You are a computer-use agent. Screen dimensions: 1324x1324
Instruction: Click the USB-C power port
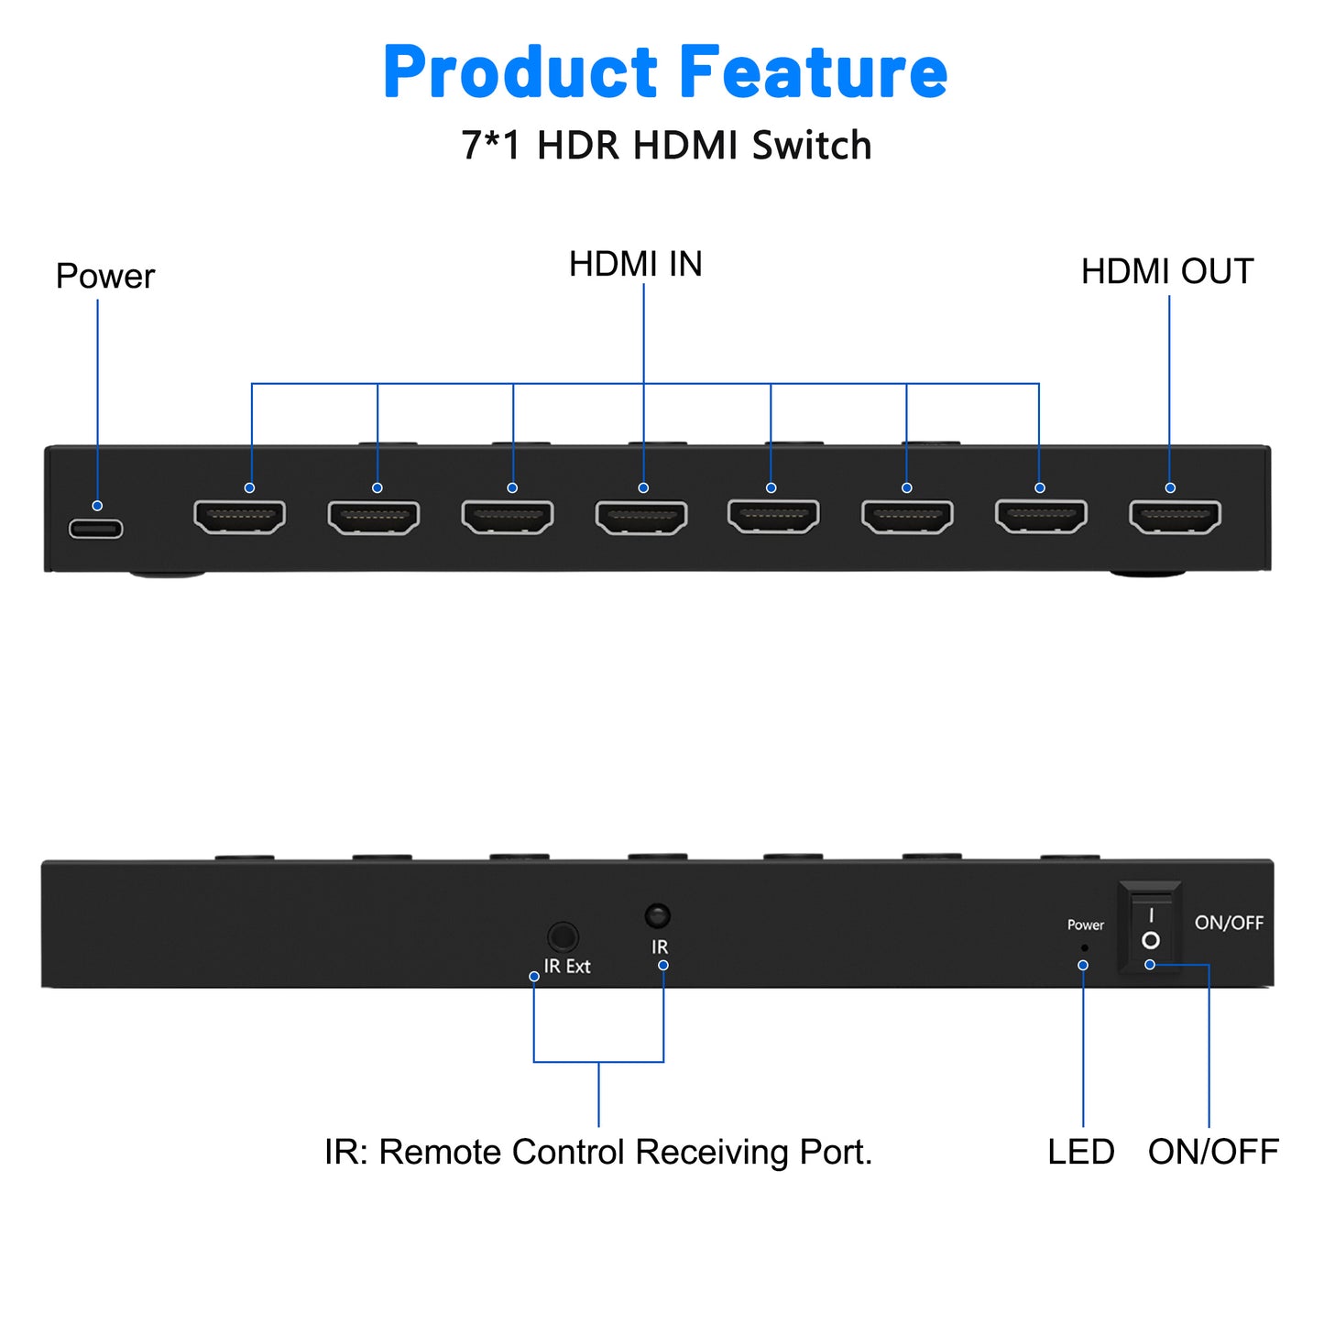point(95,529)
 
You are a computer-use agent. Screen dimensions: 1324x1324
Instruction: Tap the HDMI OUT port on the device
point(1175,517)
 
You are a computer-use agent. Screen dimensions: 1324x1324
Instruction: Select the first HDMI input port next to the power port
point(239,517)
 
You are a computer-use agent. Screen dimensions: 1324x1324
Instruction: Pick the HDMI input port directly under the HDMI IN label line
point(641,517)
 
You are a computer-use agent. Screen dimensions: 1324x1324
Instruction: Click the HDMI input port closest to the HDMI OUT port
point(1041,517)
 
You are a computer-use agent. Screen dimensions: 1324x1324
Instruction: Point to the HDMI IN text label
point(635,264)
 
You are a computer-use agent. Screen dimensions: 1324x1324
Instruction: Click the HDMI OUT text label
point(1166,271)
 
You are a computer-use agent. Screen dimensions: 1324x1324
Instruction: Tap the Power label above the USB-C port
point(104,277)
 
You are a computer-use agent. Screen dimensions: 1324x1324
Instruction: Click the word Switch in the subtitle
point(812,146)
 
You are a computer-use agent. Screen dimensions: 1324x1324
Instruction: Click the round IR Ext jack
point(563,936)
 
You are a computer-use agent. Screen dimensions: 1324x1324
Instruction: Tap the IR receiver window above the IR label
point(657,915)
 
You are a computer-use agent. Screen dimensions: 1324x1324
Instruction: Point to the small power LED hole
point(1085,948)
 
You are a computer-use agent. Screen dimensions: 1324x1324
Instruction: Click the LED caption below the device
point(1080,1152)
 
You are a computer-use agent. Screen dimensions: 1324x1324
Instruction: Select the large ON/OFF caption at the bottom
point(1213,1152)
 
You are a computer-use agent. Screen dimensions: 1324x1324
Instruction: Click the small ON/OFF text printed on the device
point(1229,923)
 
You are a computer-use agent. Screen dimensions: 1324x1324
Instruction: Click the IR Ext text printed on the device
point(567,966)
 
